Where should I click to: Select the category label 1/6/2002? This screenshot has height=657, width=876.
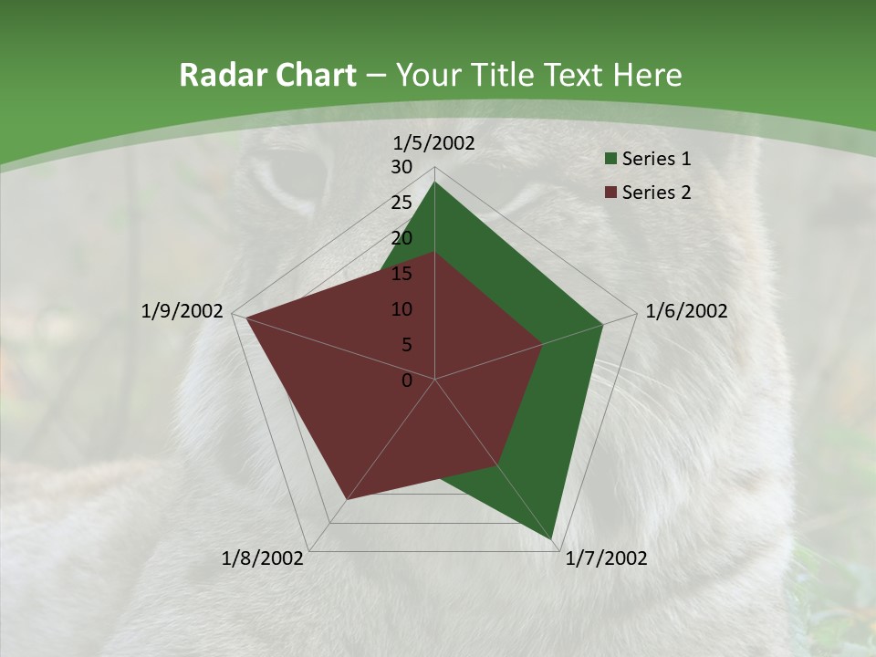pyautogui.click(x=686, y=311)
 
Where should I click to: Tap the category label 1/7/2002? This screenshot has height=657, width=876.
pyautogui.click(x=606, y=558)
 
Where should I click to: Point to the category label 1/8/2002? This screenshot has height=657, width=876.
pyautogui.click(x=263, y=558)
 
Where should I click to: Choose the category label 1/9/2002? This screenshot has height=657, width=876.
pyautogui.click(x=182, y=311)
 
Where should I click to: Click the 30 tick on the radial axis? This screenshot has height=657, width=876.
pyautogui.click(x=401, y=167)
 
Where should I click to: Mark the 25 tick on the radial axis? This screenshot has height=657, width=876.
pyautogui.click(x=401, y=203)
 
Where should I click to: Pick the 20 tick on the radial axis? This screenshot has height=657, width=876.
pyautogui.click(x=401, y=238)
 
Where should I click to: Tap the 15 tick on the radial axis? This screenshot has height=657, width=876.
pyautogui.click(x=401, y=274)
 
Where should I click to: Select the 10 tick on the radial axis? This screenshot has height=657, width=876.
pyautogui.click(x=401, y=309)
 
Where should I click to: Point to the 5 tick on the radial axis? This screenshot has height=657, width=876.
pyautogui.click(x=405, y=345)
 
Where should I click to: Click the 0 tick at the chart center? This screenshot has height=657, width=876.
pyautogui.click(x=407, y=381)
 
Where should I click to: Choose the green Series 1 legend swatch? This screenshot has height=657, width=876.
pyautogui.click(x=610, y=160)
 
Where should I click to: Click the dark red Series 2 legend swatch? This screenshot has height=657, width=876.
pyautogui.click(x=610, y=193)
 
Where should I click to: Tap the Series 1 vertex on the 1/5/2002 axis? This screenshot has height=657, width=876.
pyautogui.click(x=434, y=182)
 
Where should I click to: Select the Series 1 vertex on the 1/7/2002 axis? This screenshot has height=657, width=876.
pyautogui.click(x=552, y=539)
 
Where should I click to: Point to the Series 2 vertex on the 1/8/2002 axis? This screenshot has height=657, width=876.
pyautogui.click(x=346, y=500)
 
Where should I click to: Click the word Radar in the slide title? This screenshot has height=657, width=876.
pyautogui.click(x=220, y=75)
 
